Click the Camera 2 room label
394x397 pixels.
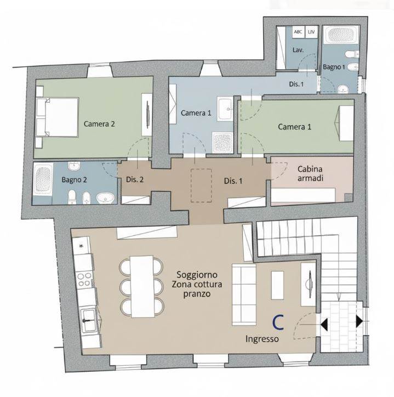(x=99, y=124)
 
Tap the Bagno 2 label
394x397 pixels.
(x=74, y=180)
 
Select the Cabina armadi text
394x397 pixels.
(x=310, y=173)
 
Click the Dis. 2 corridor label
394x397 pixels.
(x=135, y=180)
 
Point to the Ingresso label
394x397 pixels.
(x=262, y=339)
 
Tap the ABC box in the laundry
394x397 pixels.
(x=298, y=32)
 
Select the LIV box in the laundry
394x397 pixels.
(x=311, y=32)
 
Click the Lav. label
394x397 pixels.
(x=298, y=50)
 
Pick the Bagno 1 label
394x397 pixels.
(x=334, y=67)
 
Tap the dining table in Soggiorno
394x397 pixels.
(x=142, y=286)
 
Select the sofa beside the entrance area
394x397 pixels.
(x=244, y=294)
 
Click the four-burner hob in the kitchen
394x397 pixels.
(x=84, y=279)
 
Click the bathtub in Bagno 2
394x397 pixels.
(x=43, y=179)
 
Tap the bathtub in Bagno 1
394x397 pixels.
(x=341, y=34)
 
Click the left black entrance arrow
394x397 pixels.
(x=324, y=325)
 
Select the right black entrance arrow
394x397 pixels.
(x=359, y=321)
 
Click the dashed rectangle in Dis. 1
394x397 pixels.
(x=201, y=185)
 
